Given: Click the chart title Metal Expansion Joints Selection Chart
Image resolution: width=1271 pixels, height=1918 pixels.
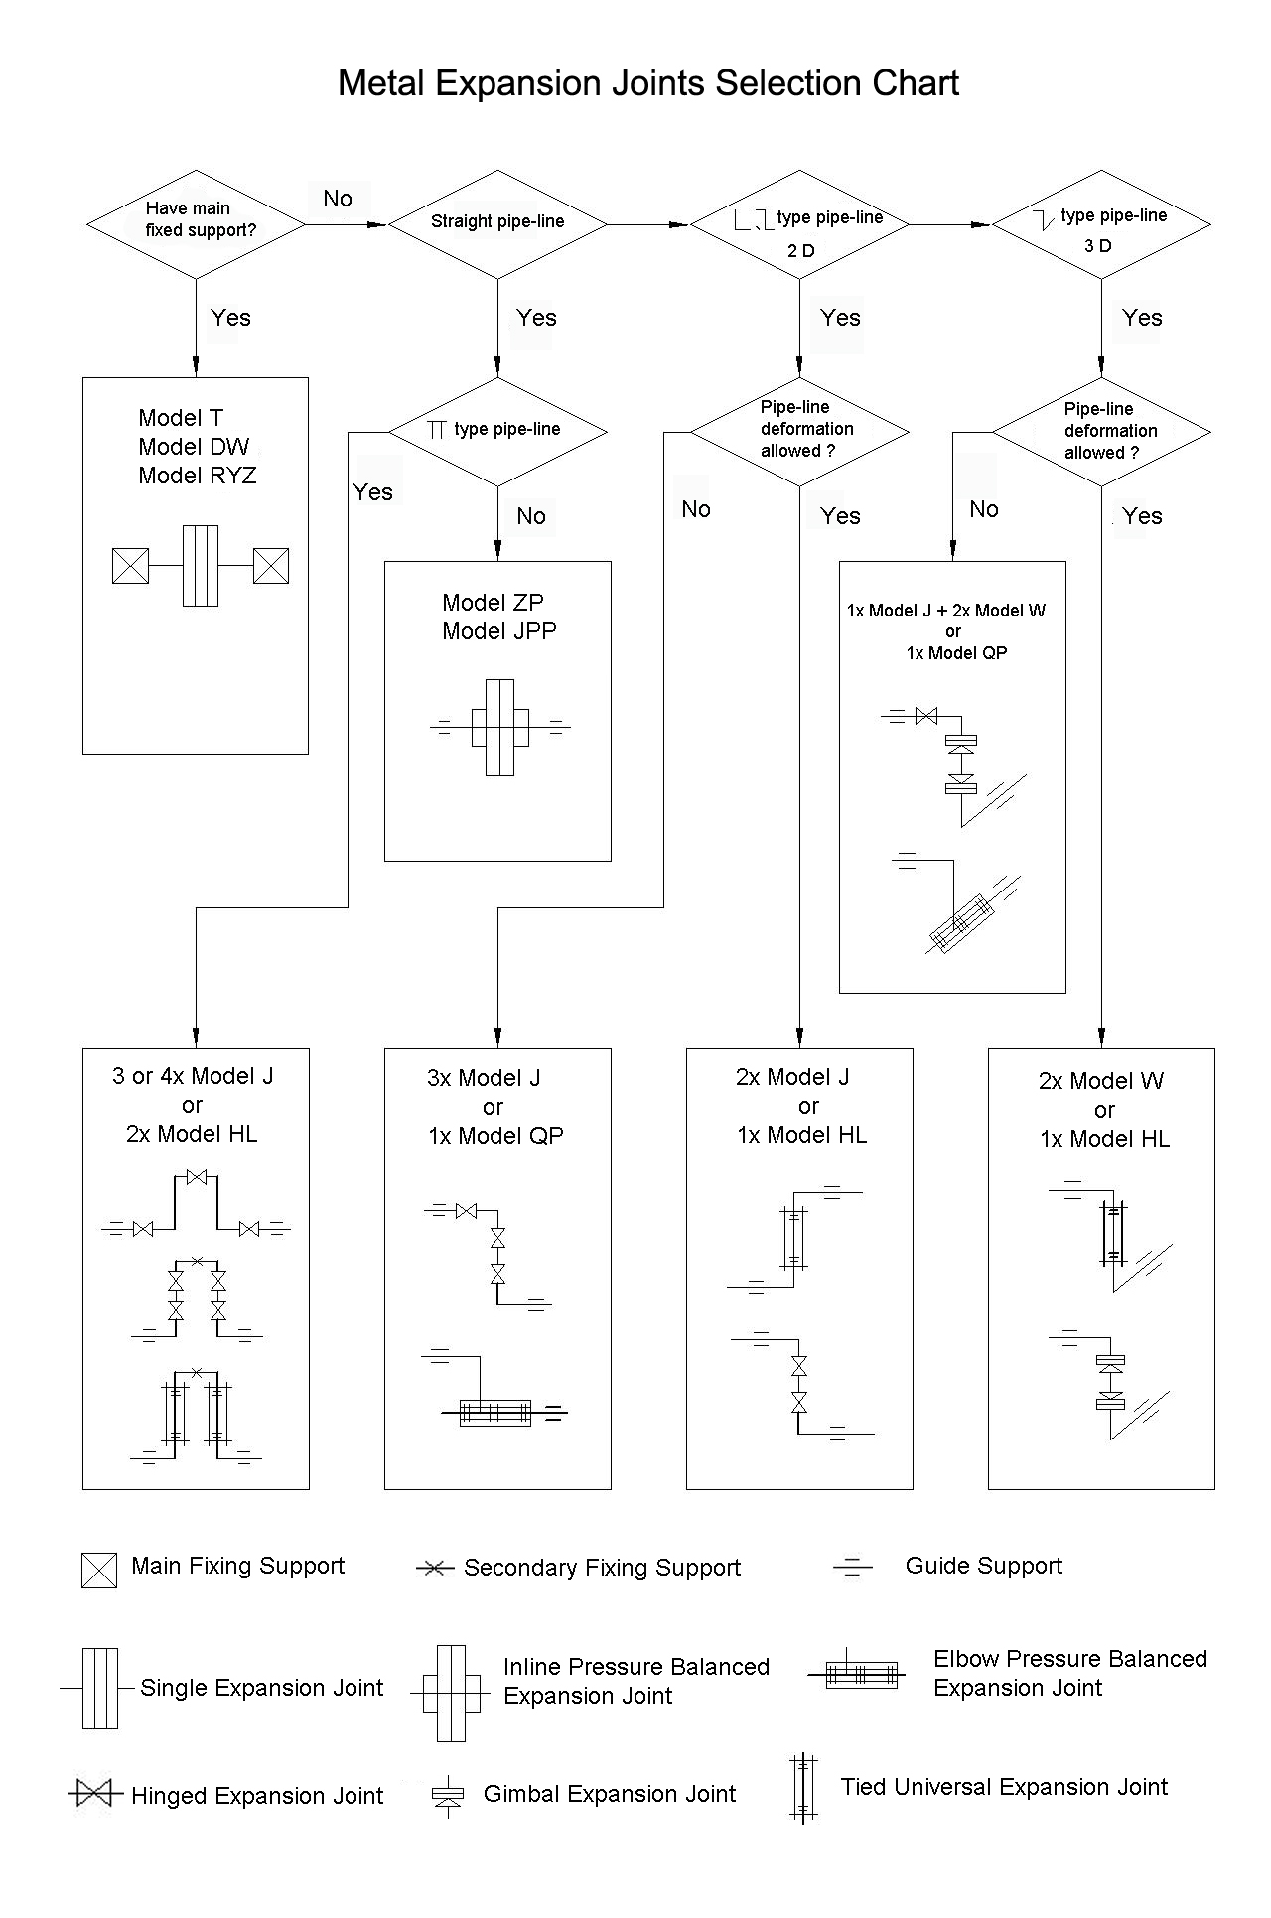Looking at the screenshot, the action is pos(648,83).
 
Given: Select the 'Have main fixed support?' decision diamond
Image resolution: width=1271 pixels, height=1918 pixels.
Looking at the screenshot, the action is pos(196,224).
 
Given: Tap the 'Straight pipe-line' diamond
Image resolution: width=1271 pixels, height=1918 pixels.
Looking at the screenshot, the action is pos(497,224).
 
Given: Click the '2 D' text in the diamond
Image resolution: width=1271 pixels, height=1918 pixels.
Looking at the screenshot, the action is pos(800,251).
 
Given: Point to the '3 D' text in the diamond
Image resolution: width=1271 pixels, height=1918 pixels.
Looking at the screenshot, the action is pos(1098,246).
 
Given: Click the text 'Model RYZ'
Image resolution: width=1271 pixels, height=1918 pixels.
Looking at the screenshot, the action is pos(198,476).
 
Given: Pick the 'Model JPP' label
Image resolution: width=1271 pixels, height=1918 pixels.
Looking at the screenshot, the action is pos(499,631).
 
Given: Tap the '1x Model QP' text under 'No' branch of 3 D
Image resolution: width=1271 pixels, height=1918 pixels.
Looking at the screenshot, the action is pos(956,652).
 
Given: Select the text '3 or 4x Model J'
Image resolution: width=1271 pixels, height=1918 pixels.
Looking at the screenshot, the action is pos(193,1076).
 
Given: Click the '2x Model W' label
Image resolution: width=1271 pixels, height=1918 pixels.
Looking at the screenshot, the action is pos(1101,1081).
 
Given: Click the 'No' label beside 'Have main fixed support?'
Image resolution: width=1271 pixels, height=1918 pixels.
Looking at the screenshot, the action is pos(338,199).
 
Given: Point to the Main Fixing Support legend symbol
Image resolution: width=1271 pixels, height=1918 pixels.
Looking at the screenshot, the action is pos(99,1570).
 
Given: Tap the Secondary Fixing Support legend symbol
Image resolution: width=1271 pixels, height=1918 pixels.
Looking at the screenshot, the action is pos(434,1569).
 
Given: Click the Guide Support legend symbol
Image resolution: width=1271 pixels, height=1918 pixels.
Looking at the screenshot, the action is pos(853,1567).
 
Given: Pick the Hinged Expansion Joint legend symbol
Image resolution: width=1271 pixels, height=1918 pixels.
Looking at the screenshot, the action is pos(95,1794).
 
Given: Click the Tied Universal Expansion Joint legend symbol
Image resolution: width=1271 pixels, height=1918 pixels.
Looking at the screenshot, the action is pos(803,1788).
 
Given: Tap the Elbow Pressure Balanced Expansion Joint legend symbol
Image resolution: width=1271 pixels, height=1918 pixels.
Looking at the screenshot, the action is pos(853,1674).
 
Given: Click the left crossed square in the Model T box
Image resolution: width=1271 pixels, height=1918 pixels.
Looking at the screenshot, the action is pos(131,565).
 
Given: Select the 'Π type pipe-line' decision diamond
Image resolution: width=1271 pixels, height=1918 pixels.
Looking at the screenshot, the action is pos(497,432).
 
